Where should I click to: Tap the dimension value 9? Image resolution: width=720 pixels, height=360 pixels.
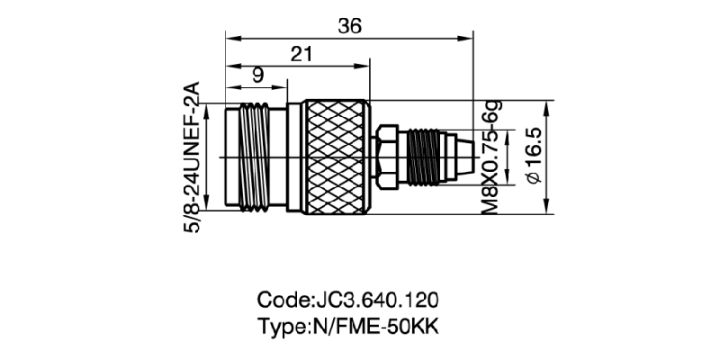tap(257, 76)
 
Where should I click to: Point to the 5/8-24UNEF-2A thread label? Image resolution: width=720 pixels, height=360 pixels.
tap(192, 157)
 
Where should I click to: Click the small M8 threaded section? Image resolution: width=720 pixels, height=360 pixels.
tap(422, 157)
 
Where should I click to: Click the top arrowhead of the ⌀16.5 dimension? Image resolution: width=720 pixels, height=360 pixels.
tap(548, 107)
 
